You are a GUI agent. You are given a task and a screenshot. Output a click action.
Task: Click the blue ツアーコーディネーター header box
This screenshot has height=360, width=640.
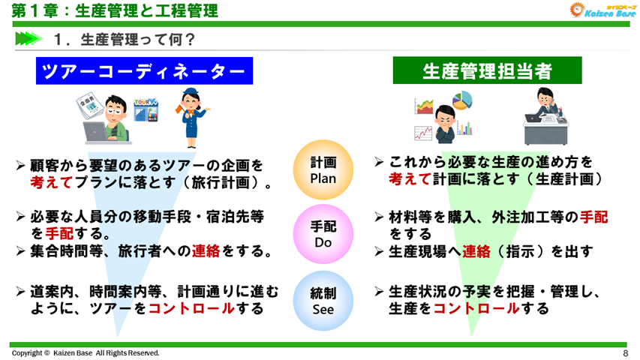(x=143, y=72)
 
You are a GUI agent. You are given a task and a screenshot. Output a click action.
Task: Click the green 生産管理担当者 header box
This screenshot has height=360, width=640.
(x=488, y=72)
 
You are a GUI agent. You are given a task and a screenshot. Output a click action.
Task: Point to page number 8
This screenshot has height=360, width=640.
(x=625, y=353)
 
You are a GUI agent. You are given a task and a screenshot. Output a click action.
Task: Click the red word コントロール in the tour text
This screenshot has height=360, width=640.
(x=190, y=308)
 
